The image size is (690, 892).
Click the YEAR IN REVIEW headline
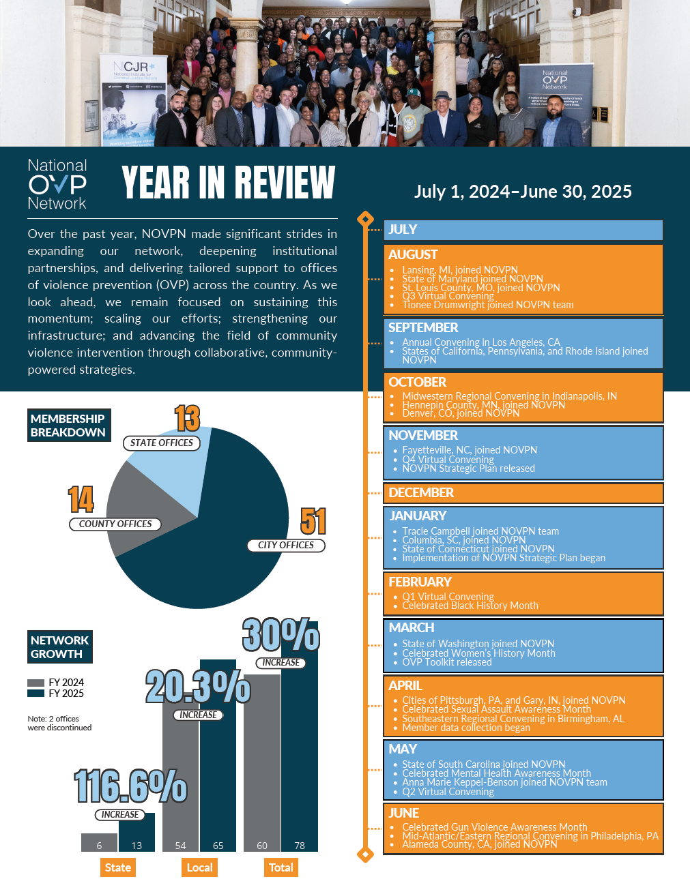tap(228, 183)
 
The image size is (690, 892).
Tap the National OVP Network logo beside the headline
tap(57, 184)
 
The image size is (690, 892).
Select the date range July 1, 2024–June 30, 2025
tap(523, 192)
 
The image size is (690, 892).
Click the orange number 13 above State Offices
tap(186, 419)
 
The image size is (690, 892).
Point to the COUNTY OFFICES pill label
tap(115, 524)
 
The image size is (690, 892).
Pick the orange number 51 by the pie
tap(313, 522)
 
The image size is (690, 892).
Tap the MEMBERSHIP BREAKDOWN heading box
tap(68, 426)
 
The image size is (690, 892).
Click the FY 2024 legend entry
tap(56, 683)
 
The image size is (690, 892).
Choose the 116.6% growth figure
tap(130, 786)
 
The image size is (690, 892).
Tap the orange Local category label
tap(200, 867)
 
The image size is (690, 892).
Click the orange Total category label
tap(281, 867)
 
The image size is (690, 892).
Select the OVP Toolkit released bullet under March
tap(446, 662)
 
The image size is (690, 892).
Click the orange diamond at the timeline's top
tap(366, 219)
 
